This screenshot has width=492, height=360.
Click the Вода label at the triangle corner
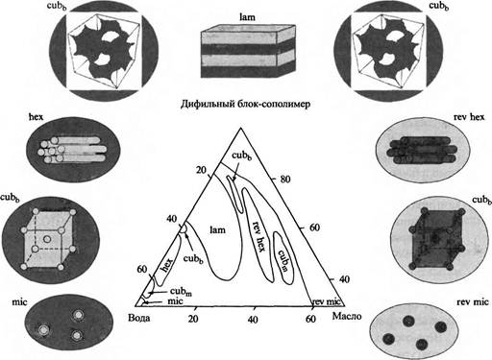138,318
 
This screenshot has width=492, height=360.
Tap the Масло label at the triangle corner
347,316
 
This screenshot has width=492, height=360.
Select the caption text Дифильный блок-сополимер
245,105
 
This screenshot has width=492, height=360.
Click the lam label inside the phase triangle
217,229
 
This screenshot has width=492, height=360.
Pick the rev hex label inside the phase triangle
258,236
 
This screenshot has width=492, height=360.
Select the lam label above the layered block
248,17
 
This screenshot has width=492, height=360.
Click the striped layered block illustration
248,50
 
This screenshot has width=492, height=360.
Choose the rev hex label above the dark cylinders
469,117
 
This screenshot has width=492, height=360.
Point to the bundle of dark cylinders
422,150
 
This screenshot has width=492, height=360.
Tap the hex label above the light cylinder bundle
36,117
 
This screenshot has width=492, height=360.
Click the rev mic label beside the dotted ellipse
473,301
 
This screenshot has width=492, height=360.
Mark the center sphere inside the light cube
47,239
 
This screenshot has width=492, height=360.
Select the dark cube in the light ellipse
436,239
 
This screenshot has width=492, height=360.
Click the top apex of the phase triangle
240,128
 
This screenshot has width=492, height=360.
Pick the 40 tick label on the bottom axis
253,319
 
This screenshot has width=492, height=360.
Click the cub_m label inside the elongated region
283,260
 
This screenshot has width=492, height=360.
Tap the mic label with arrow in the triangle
175,301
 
